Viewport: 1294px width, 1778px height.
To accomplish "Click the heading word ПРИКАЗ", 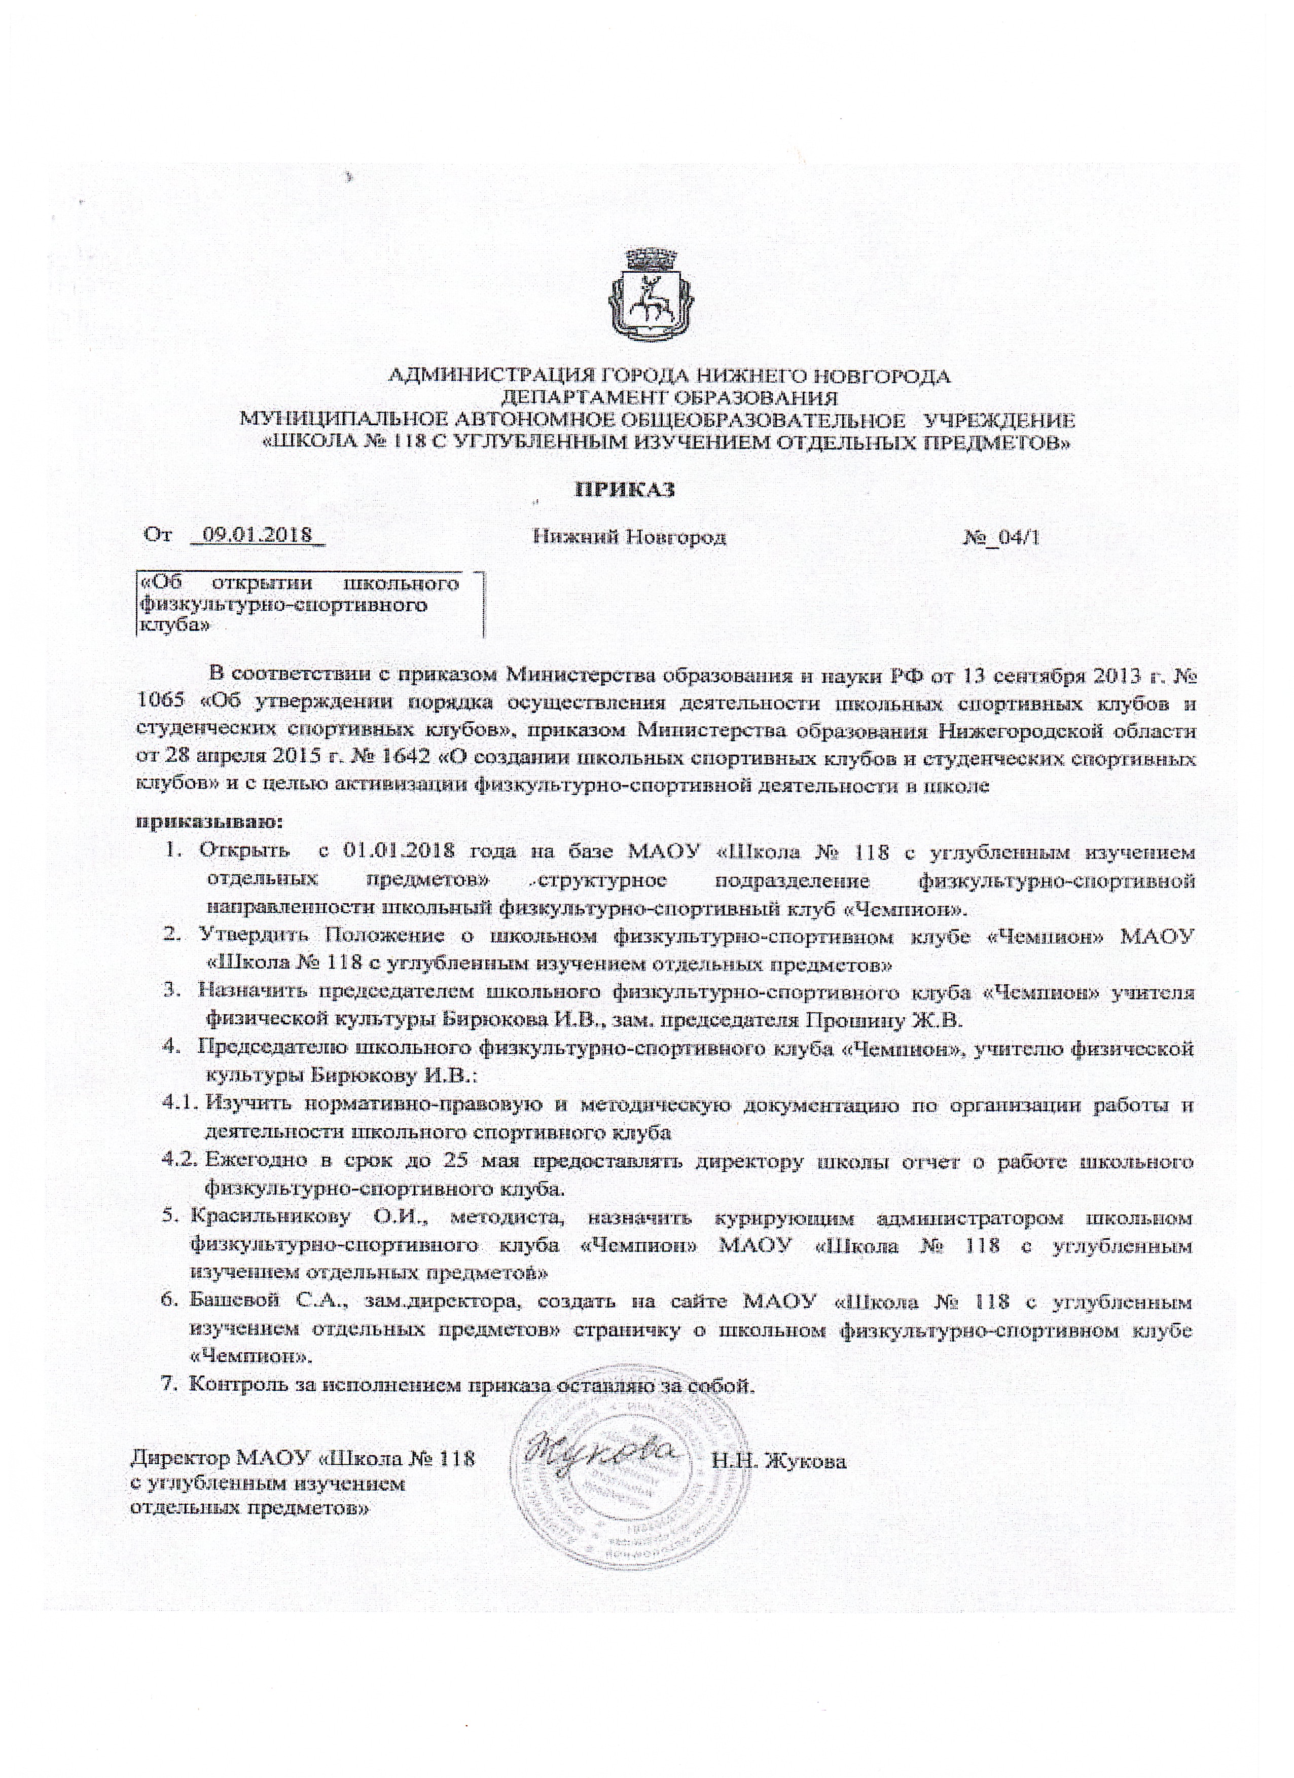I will [625, 490].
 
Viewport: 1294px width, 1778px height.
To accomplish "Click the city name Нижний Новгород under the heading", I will [629, 538].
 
